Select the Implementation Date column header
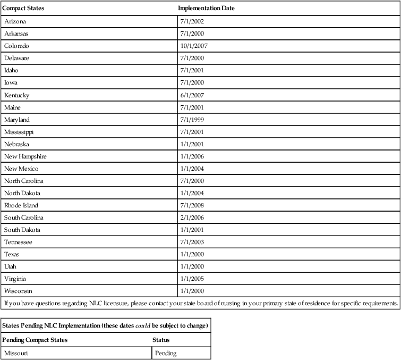click(x=207, y=9)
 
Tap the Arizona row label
click(x=15, y=21)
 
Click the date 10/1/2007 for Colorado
click(x=194, y=46)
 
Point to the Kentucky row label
click(x=17, y=95)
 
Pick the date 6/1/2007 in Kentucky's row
click(x=193, y=95)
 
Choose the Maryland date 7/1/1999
click(x=193, y=119)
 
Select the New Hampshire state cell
click(x=25, y=156)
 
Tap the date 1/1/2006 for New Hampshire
click(x=193, y=156)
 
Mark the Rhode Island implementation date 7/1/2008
click(x=193, y=205)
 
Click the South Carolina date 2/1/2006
click(x=193, y=217)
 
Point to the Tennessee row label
click(x=18, y=242)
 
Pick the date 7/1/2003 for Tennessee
click(x=193, y=242)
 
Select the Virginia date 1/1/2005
click(x=193, y=279)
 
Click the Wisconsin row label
click(x=18, y=291)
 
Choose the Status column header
click(x=160, y=340)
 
